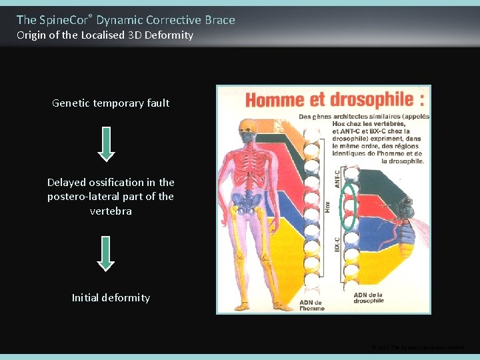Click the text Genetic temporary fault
[x=111, y=103]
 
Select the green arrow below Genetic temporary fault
[x=107, y=144]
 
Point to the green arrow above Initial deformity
[x=106, y=253]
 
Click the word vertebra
[x=111, y=211]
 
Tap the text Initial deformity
[x=111, y=297]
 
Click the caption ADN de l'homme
[x=311, y=305]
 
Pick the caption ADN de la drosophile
[x=369, y=297]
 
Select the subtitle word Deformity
[x=170, y=35]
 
